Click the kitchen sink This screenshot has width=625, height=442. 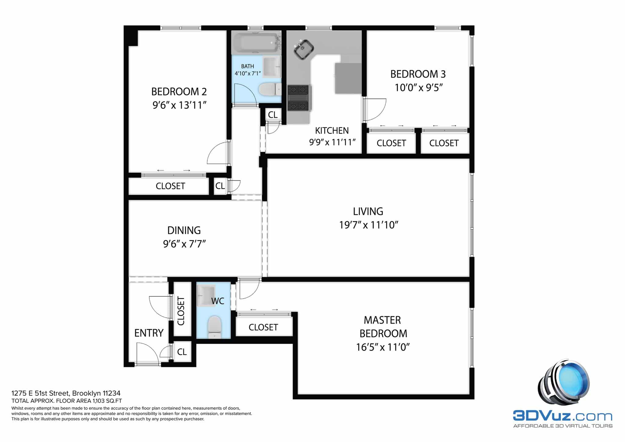(x=304, y=49)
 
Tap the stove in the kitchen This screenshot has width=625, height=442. (x=299, y=98)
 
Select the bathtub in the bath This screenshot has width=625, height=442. (x=257, y=42)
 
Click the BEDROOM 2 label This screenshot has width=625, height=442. (x=179, y=91)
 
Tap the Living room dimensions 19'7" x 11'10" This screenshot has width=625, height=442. (x=369, y=225)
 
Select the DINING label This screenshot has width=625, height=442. (x=184, y=230)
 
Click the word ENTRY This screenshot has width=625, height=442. (x=149, y=333)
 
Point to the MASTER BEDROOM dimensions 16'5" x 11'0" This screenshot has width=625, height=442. (x=383, y=347)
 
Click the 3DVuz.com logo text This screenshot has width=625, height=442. (x=562, y=416)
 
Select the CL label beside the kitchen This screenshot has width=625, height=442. (x=273, y=114)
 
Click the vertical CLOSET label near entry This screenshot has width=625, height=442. (x=181, y=311)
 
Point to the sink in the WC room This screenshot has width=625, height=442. (x=206, y=295)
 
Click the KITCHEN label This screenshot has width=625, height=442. (x=332, y=131)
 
